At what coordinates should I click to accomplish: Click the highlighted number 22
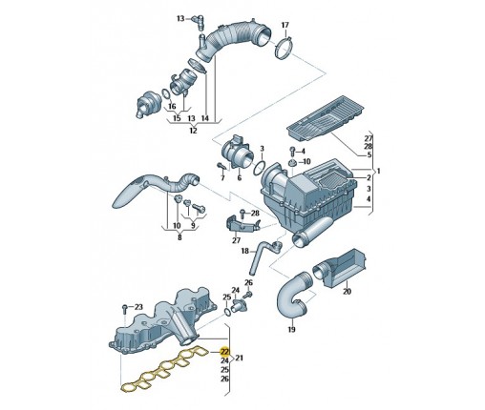click(224, 352)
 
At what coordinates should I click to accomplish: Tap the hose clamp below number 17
click(285, 48)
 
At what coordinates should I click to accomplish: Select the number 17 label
click(285, 25)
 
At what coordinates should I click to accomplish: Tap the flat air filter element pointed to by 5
click(326, 118)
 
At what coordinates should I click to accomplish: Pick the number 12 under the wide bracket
click(193, 131)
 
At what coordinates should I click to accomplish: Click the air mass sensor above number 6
click(239, 153)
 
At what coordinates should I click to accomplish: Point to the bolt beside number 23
click(125, 309)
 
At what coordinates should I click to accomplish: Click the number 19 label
click(291, 330)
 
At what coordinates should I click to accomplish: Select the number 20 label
click(347, 292)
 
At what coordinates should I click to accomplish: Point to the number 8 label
click(179, 237)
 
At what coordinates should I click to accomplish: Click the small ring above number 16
click(166, 94)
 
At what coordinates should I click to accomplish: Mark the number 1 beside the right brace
click(378, 172)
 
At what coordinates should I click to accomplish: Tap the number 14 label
click(205, 118)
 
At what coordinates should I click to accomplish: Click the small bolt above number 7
click(221, 166)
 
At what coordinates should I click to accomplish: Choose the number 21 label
click(239, 358)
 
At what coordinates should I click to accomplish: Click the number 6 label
click(240, 178)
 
